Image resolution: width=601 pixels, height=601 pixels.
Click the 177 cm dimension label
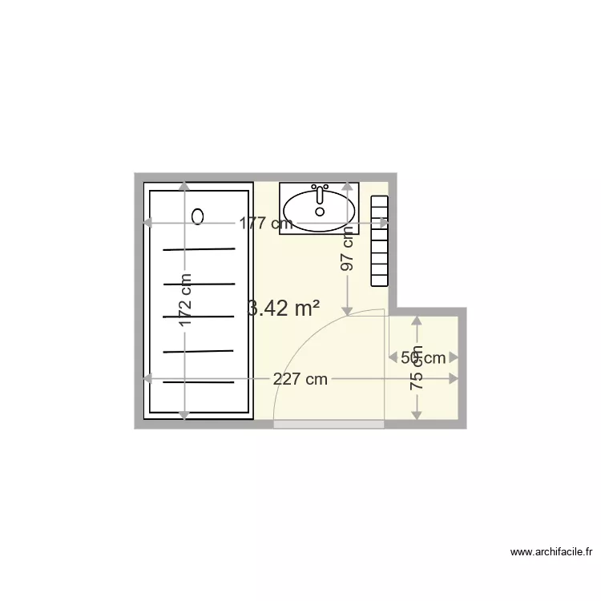[266, 224]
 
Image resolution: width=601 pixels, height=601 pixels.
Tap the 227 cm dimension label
[300, 380]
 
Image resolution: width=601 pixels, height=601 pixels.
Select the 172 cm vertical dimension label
[185, 300]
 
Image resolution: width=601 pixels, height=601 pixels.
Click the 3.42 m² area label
[284, 308]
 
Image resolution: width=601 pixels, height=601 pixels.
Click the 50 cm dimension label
[422, 358]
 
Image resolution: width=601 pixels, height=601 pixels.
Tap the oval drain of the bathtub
[199, 216]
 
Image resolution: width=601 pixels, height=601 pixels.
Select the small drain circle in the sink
[321, 212]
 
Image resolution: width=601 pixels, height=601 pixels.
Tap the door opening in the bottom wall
[329, 424]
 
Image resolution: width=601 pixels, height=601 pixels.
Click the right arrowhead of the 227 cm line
[454, 379]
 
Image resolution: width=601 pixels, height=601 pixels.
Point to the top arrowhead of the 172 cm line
[185, 187]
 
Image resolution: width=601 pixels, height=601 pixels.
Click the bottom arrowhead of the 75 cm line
[417, 413]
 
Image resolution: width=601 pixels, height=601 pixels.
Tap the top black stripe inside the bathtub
[200, 249]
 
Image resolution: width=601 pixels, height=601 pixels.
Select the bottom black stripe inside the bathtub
[200, 382]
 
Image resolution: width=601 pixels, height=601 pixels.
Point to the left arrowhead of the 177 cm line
[148, 224]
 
